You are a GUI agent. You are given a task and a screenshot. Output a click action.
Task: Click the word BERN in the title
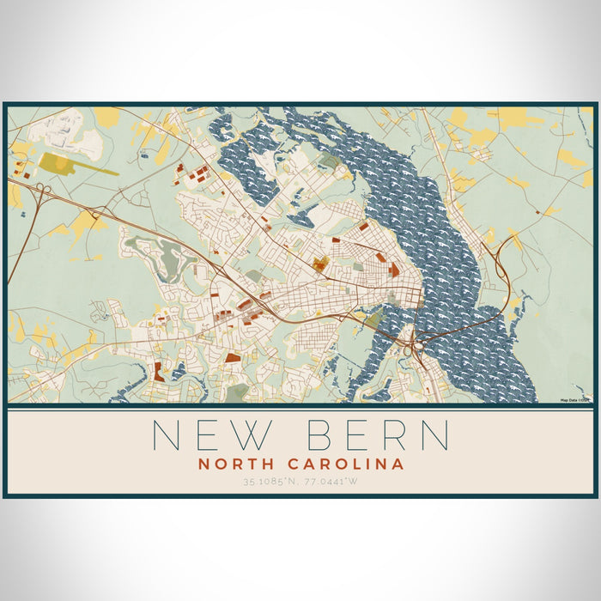tap(377, 435)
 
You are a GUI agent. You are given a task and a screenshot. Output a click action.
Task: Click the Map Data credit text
tap(575, 400)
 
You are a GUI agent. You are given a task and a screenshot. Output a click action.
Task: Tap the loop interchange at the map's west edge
tap(41, 191)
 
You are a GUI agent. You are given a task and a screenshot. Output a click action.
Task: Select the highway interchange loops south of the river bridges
tap(409, 348)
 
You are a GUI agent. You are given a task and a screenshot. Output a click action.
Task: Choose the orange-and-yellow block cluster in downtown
tap(320, 264)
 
